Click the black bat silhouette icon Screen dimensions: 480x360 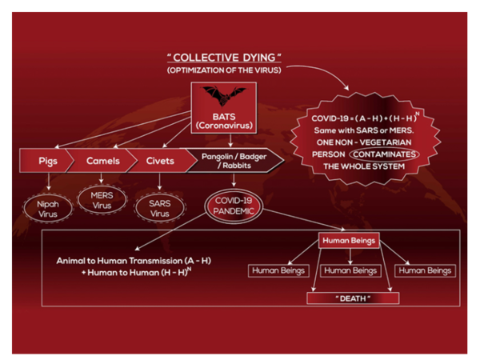tap(224, 96)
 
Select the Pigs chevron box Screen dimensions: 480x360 tap(46, 161)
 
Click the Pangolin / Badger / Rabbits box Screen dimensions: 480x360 tap(234, 161)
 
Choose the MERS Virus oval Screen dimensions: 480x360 tap(102, 200)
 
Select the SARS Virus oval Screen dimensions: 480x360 tap(160, 208)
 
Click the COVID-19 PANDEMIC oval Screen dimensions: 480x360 tap(234, 206)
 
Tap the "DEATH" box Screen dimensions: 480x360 tap(353, 298)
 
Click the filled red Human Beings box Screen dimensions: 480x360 tap(349, 240)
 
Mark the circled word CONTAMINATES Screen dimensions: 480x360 tap(384, 154)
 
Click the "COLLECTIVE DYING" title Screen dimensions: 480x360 tap(224, 58)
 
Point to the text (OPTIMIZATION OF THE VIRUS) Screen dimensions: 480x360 tap(224, 70)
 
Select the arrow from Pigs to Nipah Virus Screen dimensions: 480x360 tap(49, 182)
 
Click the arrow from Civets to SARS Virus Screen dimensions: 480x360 tap(159, 182)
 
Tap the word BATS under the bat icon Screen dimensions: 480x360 tap(224, 117)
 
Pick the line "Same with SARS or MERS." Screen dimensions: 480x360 tap(364, 130)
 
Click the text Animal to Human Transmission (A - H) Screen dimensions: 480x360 tap(134, 261)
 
